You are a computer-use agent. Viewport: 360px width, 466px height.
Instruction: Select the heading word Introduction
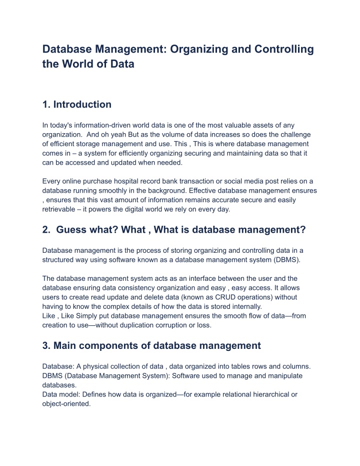click(82, 105)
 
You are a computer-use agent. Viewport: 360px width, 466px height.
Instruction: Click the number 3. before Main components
click(47, 345)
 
